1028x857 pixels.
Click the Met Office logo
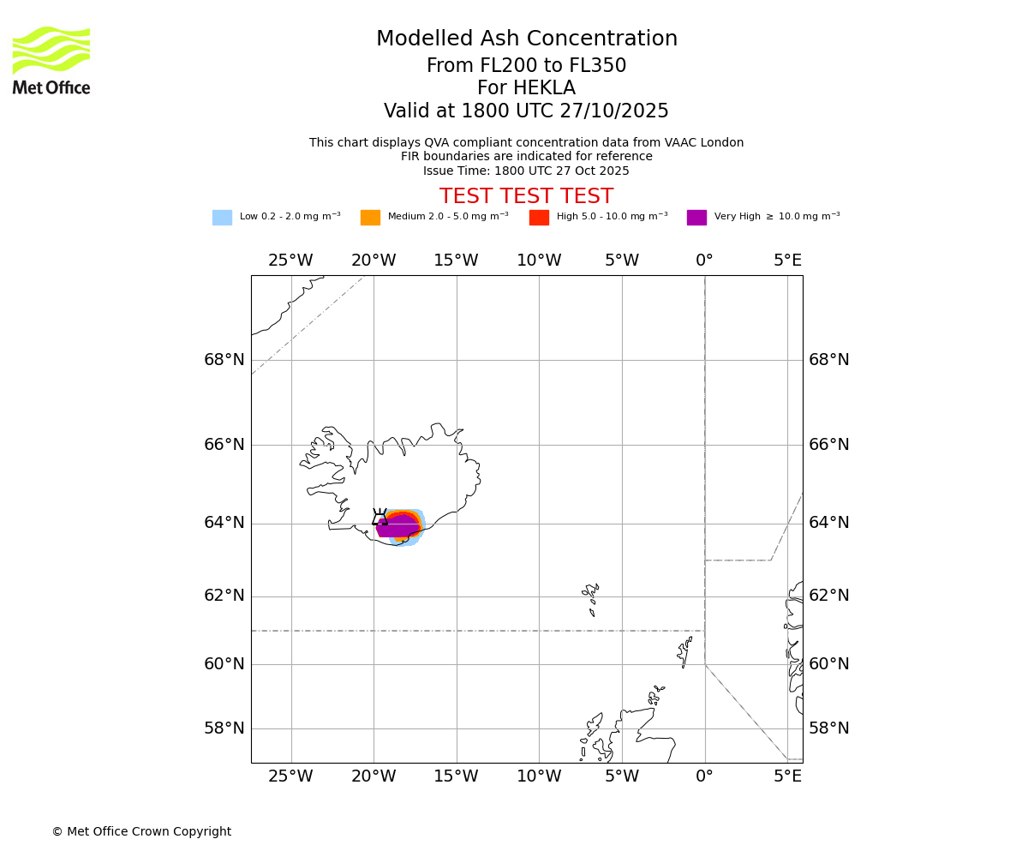point(51,60)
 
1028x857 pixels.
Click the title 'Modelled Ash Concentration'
point(526,39)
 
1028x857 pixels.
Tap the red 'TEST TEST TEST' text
point(526,196)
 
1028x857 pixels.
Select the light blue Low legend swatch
point(222,218)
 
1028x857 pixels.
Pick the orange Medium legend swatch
point(370,218)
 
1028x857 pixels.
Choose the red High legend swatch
point(539,218)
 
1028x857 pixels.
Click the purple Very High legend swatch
point(696,218)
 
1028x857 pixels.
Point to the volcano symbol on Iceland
point(380,518)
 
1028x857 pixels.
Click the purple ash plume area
point(396,527)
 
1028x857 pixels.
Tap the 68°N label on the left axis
point(224,360)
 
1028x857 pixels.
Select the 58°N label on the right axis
point(829,728)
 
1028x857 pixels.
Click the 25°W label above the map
point(290,261)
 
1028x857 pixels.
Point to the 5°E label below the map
point(788,776)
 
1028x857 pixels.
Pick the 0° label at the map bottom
point(704,776)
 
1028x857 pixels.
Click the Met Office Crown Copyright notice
point(141,832)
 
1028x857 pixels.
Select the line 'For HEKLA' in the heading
point(526,88)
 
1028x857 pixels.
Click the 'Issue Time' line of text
point(526,171)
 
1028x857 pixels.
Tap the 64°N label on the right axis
point(829,523)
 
